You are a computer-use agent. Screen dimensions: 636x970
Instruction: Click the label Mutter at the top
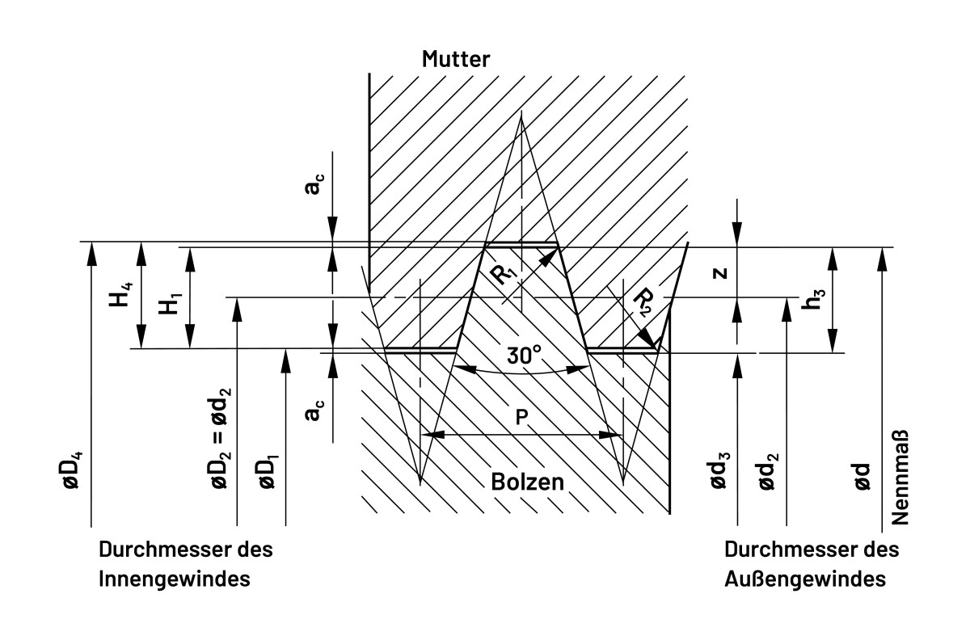(x=456, y=59)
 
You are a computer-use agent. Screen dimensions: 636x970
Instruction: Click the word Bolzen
(x=527, y=482)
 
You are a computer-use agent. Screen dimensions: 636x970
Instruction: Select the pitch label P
(x=522, y=416)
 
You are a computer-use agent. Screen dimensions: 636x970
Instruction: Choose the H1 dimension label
(x=167, y=306)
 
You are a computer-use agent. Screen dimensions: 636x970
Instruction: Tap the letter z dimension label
(x=721, y=272)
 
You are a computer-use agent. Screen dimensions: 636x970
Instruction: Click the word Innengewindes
(x=174, y=579)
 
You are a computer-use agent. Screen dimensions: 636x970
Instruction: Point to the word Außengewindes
(x=804, y=579)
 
